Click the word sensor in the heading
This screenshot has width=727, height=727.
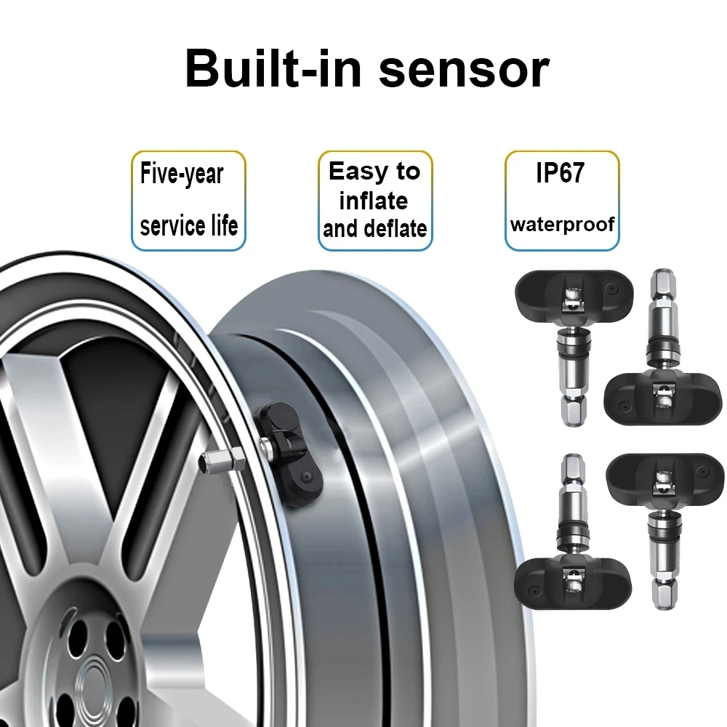[x=465, y=71]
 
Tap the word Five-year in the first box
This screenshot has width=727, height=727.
[x=182, y=174]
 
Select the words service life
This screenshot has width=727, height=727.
[x=189, y=225]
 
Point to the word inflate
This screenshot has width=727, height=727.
[x=374, y=201]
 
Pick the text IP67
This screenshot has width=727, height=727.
[x=560, y=172]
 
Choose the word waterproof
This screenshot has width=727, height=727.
[x=563, y=225]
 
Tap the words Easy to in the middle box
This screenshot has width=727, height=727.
[x=374, y=171]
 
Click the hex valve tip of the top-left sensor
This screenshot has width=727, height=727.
[x=574, y=412]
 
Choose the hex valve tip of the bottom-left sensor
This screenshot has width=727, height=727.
[x=574, y=468]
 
